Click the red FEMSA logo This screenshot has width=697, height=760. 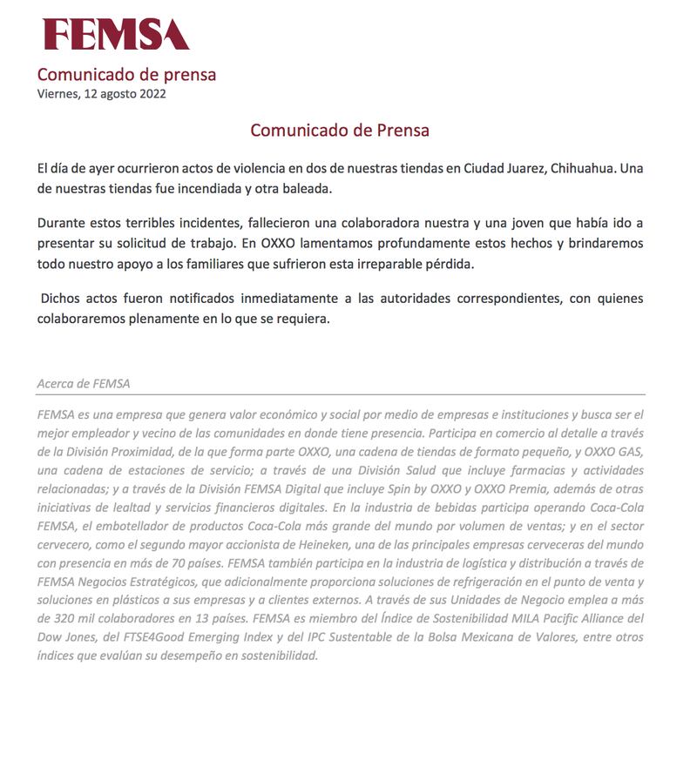(x=116, y=34)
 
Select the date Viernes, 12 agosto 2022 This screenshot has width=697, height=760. (x=101, y=94)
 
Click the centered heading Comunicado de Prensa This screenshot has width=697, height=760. (x=340, y=131)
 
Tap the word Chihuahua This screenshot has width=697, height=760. (x=581, y=167)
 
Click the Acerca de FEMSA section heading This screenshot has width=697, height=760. (x=84, y=383)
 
